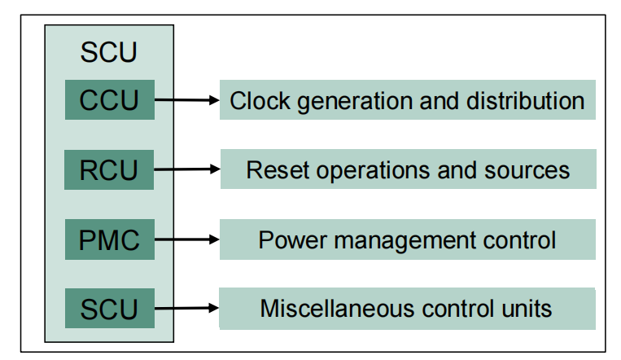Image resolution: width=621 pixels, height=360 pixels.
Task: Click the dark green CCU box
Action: coord(109,101)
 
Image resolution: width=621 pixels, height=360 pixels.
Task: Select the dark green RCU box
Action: coord(109,170)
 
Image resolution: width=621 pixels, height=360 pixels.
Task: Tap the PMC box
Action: coord(109,240)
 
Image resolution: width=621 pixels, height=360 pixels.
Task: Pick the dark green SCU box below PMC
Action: coord(109,309)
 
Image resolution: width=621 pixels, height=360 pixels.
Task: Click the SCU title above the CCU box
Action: coord(109,53)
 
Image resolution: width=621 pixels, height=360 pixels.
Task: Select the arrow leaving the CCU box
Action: coord(187,101)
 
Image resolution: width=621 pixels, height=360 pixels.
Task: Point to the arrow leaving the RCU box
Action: coord(187,170)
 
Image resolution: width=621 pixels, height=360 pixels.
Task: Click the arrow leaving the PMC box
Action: coord(187,240)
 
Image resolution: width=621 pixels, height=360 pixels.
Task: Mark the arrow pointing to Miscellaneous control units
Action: coord(187,309)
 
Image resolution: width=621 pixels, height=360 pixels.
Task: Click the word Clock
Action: coord(255,101)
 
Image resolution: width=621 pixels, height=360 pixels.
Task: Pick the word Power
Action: coord(286,240)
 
